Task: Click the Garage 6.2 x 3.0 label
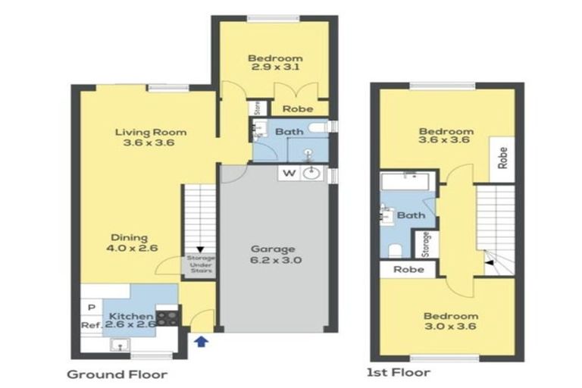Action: tap(275, 255)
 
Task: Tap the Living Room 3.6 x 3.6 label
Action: tap(151, 137)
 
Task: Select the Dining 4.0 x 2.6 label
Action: tap(133, 242)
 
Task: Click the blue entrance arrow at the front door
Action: tap(201, 342)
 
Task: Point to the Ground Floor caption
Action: tap(117, 374)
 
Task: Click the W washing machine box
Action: tap(289, 173)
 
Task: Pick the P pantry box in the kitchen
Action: tap(91, 307)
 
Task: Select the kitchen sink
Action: tap(117, 346)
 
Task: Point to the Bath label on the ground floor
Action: tap(289, 132)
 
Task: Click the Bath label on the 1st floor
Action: tap(411, 215)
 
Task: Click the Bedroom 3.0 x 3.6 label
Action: tap(451, 321)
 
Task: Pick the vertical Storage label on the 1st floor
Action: tap(426, 244)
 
